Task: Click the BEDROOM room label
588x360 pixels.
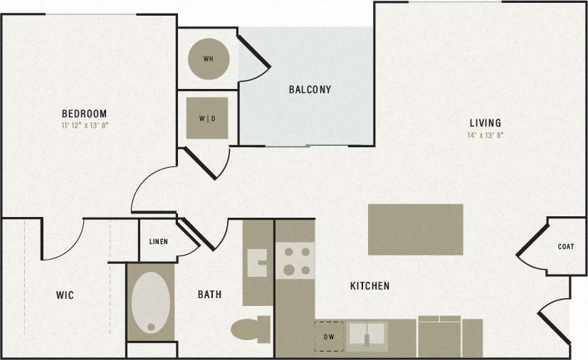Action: coord(84,113)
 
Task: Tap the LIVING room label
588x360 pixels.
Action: coord(485,122)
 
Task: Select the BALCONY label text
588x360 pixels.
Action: coord(310,90)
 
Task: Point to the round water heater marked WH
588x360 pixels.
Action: coord(209,58)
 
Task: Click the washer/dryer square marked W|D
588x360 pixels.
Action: coord(207,118)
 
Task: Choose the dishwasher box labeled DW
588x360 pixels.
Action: coord(329,337)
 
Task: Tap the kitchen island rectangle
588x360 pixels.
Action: coord(415,229)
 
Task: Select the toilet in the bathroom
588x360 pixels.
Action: coord(249,330)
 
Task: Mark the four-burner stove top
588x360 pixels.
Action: coord(295,260)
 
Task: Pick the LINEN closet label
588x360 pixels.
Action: coord(158,242)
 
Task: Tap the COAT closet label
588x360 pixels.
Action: coord(566,247)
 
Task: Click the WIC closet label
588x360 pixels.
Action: coord(65,295)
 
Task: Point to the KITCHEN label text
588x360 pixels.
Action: coord(369,286)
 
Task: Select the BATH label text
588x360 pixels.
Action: coord(209,294)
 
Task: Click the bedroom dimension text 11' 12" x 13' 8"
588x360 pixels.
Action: coord(84,125)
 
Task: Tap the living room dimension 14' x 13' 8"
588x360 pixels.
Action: coord(485,134)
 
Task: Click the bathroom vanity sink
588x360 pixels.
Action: coord(256,263)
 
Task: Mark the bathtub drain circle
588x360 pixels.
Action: coord(150,328)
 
